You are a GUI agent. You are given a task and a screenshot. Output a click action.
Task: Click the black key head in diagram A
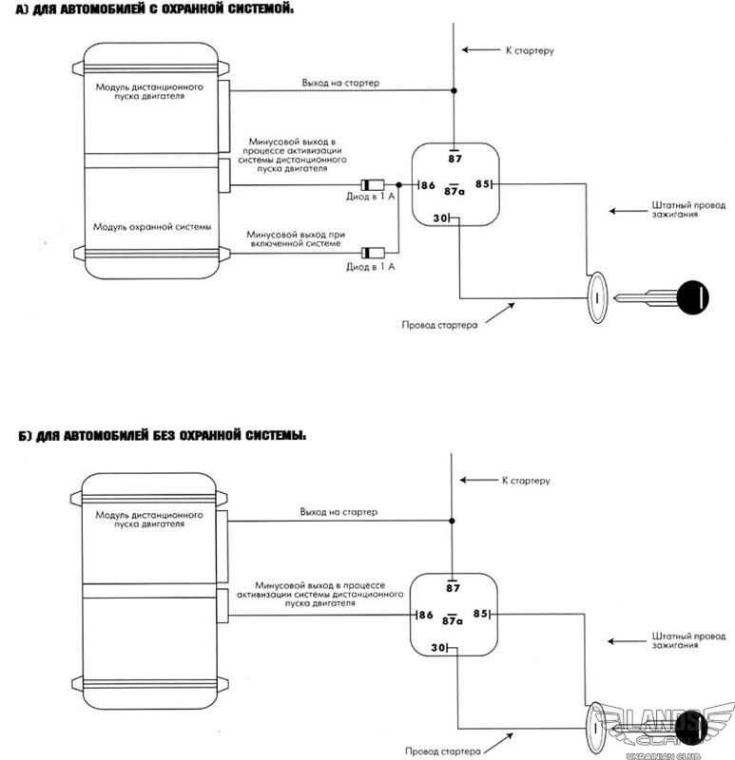(x=692, y=297)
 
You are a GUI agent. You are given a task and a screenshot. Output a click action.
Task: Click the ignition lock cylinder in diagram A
(x=597, y=297)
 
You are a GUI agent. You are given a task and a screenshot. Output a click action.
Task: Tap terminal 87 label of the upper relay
(x=455, y=159)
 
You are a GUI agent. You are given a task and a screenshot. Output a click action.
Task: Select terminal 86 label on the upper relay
(x=428, y=185)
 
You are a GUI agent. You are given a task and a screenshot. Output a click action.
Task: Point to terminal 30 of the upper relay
(x=440, y=218)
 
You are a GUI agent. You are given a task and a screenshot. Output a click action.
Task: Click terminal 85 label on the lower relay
(x=480, y=614)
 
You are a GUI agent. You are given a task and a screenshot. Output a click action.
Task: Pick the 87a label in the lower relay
(x=453, y=620)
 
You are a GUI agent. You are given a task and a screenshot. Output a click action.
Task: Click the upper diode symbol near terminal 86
(x=373, y=184)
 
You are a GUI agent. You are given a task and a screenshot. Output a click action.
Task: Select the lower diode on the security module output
(x=373, y=253)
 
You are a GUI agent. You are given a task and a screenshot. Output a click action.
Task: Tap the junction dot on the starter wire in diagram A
(x=454, y=90)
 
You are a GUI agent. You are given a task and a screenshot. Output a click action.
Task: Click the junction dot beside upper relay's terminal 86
(x=398, y=184)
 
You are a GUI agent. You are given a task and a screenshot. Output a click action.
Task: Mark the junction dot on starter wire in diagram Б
(x=452, y=521)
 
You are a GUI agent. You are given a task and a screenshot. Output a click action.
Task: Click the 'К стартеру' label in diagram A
(x=530, y=50)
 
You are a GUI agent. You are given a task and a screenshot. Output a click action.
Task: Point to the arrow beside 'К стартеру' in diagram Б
(x=479, y=480)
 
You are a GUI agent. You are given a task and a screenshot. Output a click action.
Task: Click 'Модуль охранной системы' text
(x=152, y=227)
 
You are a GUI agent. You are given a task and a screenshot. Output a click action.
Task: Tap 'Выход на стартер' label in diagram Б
(x=338, y=512)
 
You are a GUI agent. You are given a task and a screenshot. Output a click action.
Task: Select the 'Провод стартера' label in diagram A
(x=439, y=325)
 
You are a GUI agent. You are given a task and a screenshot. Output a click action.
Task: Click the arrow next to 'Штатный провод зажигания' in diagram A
(x=629, y=211)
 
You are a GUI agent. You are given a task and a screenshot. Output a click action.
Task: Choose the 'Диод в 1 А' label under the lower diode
(x=370, y=267)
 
